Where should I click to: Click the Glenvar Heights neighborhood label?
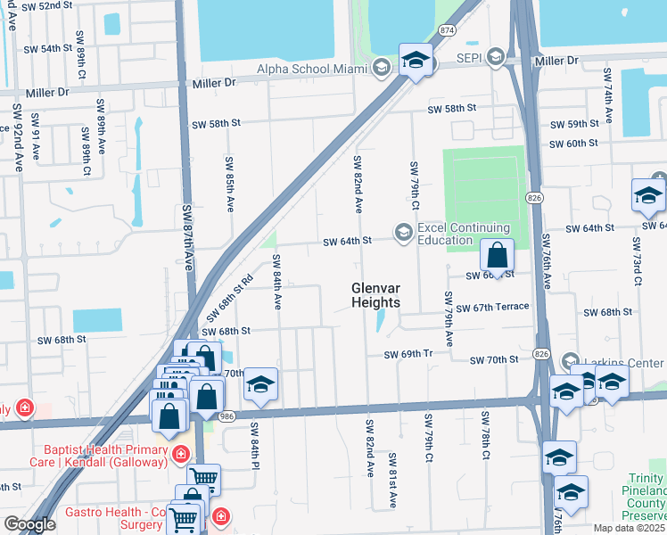tap(375, 295)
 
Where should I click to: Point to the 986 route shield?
tap(226, 416)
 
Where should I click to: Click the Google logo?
tap(29, 524)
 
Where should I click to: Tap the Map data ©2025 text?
tap(629, 528)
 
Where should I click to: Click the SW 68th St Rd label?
tap(230, 298)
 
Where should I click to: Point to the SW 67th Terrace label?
tap(492, 307)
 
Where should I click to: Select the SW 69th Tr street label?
tap(408, 354)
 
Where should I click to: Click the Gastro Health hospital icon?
tap(219, 516)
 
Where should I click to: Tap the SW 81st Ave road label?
tap(391, 481)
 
